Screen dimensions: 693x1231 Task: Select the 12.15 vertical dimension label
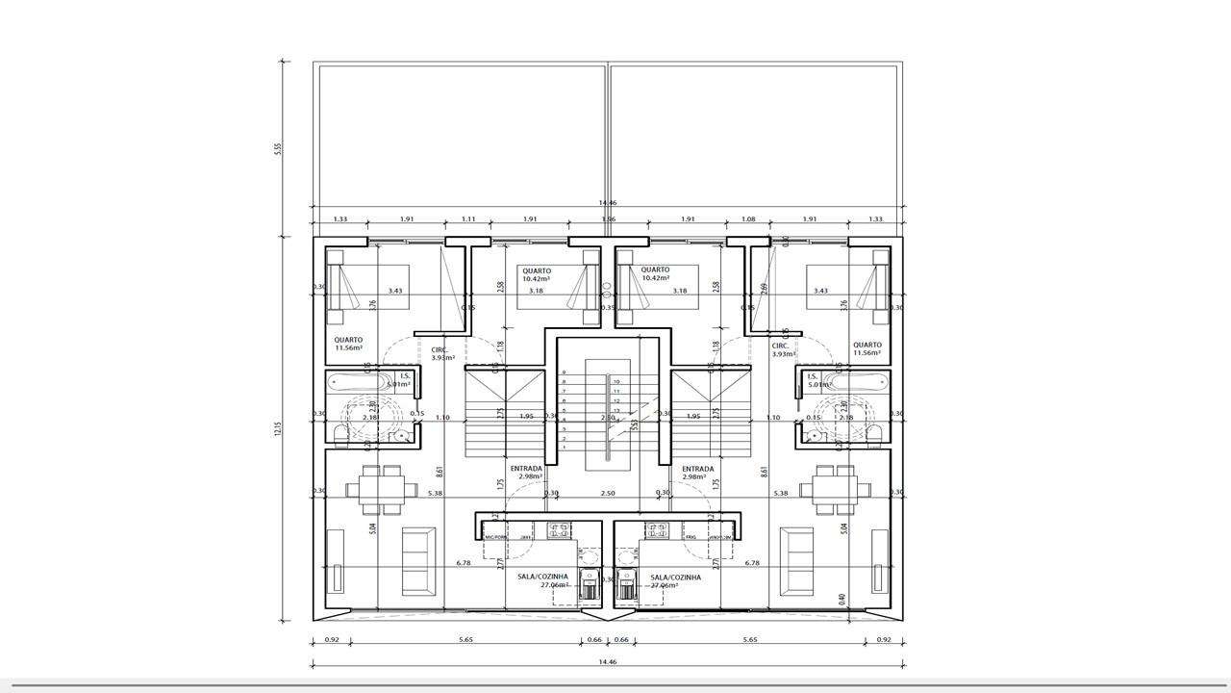[x=277, y=428]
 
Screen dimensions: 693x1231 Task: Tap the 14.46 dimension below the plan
[x=607, y=662]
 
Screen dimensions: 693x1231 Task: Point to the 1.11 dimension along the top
[x=468, y=219]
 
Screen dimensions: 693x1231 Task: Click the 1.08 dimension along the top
[x=748, y=219]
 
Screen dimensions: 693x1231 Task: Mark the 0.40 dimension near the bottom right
[x=842, y=599]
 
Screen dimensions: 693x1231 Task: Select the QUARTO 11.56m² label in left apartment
[x=348, y=345]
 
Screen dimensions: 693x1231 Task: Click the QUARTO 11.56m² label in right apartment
[x=867, y=348]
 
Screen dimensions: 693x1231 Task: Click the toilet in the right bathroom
[x=873, y=434]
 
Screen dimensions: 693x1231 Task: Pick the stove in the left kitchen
[x=559, y=528]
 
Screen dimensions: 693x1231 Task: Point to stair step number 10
[x=616, y=382]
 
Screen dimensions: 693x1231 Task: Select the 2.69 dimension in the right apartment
[x=764, y=287]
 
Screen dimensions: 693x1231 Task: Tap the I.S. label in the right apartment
[x=812, y=376]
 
